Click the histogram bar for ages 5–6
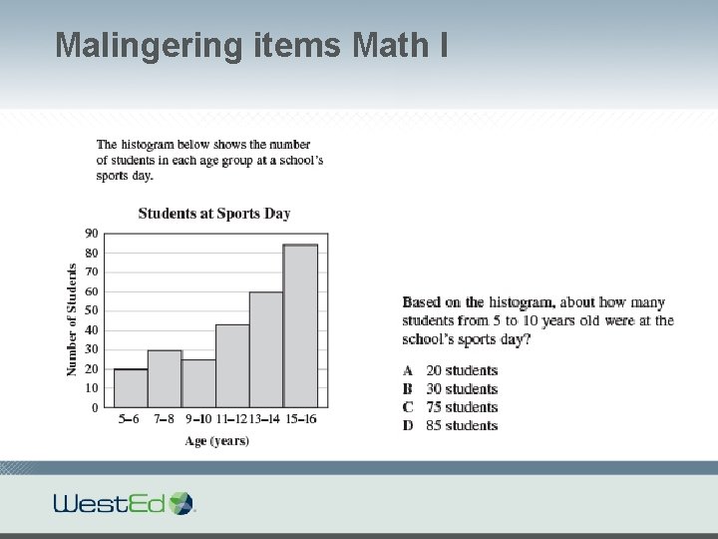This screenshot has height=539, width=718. coord(131,388)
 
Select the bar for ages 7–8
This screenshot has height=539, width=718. coord(165,378)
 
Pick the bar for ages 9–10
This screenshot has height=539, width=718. coord(198,383)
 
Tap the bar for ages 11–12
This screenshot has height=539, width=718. coord(232,365)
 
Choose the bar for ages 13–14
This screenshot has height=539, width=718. coord(266,349)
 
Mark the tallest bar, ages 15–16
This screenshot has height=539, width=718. coord(300,325)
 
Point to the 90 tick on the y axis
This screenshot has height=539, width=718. coord(91,234)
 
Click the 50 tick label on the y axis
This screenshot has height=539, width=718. coord(91,310)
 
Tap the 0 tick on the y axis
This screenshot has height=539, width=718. coord(94,407)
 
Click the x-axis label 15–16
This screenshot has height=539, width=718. coord(300,419)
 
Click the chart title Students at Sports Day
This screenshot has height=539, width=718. coord(214,213)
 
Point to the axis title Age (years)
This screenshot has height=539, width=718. coord(216,440)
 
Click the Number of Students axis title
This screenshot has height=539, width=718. coord(72,319)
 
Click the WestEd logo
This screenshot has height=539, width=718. coord(125,502)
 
